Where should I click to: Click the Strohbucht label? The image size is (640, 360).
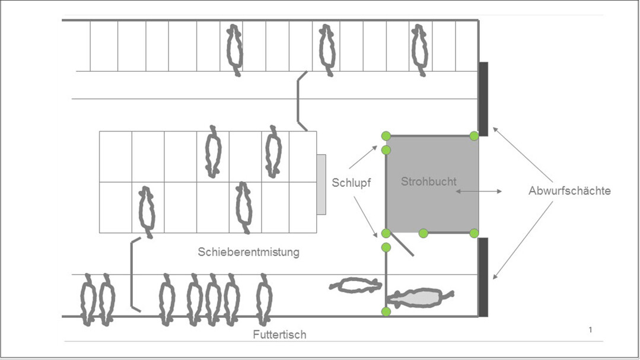429,181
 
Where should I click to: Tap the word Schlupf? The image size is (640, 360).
352,183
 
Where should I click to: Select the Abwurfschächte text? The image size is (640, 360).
569,191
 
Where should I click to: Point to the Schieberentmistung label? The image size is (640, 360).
249,252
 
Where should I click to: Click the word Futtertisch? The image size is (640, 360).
279,334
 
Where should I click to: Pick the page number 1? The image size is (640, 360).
590,330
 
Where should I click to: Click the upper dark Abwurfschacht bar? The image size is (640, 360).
483,98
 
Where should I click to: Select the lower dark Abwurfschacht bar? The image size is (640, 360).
483,277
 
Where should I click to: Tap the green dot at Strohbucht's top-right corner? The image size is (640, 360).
474,136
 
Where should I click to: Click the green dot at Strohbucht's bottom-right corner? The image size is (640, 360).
474,233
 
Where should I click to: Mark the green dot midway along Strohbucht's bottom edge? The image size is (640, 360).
424,233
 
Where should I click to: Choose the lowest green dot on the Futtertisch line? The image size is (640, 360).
386,312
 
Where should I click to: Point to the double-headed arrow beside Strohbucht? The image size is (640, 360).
478,191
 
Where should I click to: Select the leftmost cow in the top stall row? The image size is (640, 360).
235,50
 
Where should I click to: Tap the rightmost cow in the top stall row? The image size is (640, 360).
420,50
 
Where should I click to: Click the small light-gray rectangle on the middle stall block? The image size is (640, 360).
321,184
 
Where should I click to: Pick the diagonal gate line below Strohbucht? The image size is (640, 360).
401,244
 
